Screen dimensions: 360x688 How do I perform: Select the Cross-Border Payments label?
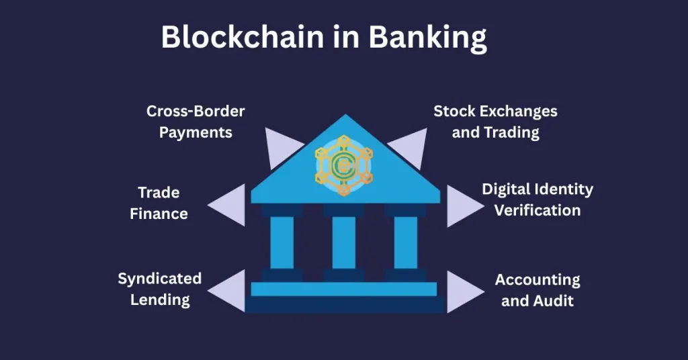click(x=196, y=121)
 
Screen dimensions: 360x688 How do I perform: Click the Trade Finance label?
click(x=159, y=204)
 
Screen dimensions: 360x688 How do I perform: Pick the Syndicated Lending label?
click(x=160, y=289)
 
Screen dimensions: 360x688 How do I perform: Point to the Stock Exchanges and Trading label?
click(x=495, y=121)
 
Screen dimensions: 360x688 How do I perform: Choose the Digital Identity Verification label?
click(x=537, y=199)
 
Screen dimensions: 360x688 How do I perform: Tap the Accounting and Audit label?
click(x=537, y=289)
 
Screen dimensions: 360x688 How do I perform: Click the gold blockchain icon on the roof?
click(x=344, y=165)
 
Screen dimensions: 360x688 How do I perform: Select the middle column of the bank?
click(x=344, y=242)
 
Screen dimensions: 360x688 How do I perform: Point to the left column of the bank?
click(x=282, y=242)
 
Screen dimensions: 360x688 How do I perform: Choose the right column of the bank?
click(x=406, y=242)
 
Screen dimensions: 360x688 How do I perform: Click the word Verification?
click(x=537, y=210)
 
